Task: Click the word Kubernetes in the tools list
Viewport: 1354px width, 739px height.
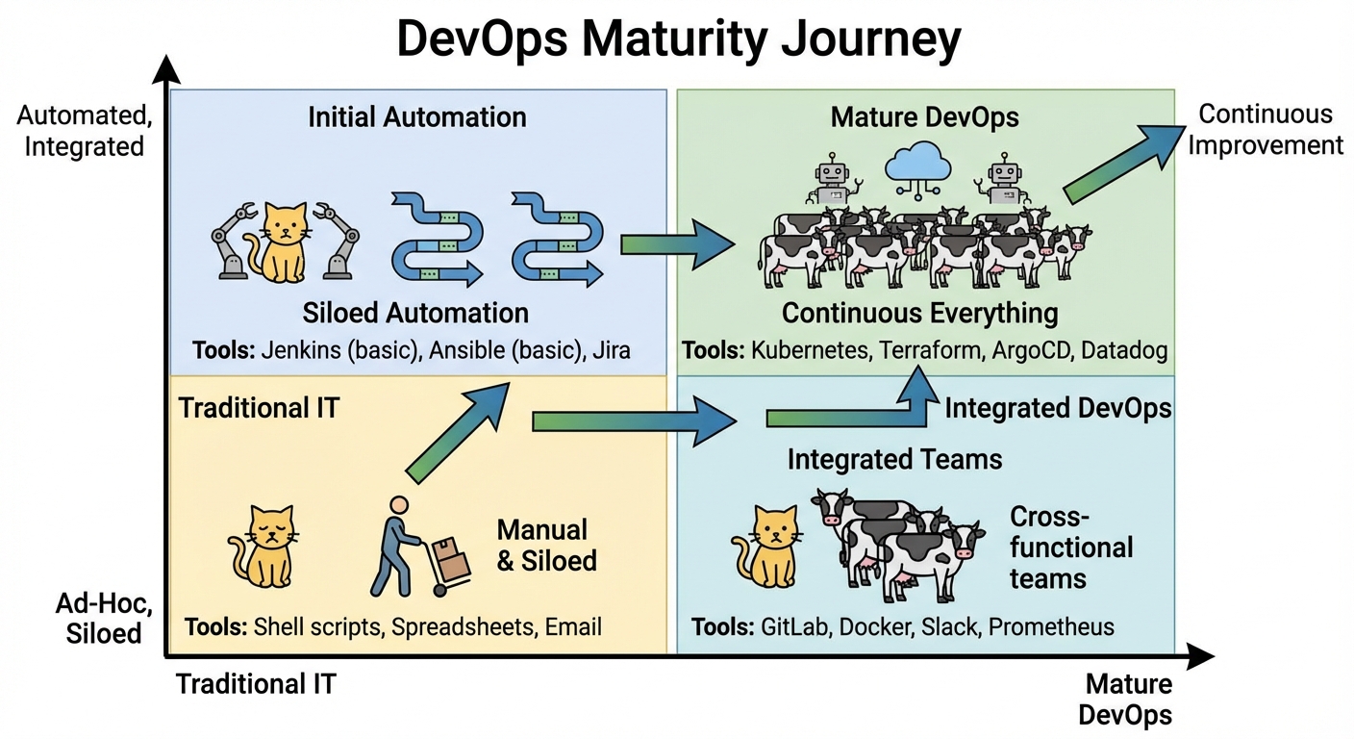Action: [x=809, y=350]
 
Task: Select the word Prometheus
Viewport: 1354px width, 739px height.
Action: [x=1051, y=627]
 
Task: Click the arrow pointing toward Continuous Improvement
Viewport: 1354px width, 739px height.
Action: [x=1121, y=164]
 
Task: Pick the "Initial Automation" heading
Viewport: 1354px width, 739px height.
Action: [x=417, y=118]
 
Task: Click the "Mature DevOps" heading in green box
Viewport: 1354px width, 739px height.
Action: [x=924, y=118]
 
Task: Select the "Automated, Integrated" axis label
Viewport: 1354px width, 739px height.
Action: [x=80, y=132]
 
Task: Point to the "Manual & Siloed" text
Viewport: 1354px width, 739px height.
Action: [x=546, y=545]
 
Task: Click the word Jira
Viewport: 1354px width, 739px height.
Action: [x=612, y=350]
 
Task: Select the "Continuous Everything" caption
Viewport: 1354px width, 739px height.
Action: [x=919, y=314]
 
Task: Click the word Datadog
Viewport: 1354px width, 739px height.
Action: [x=1123, y=350]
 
